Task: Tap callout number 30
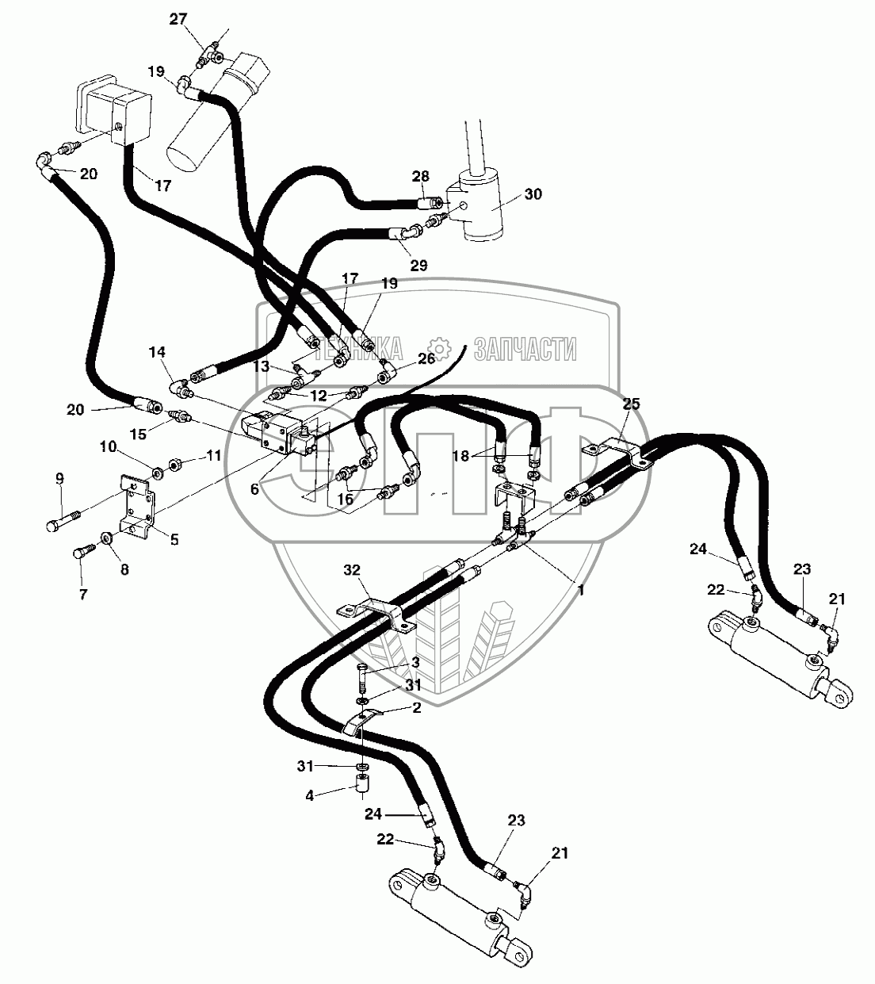pyautogui.click(x=533, y=193)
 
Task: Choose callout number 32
pyautogui.click(x=352, y=569)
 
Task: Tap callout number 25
pyautogui.click(x=631, y=404)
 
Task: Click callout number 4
pyautogui.click(x=311, y=794)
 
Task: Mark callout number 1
pyautogui.click(x=581, y=590)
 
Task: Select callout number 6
pyautogui.click(x=254, y=490)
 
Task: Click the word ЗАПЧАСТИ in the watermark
pyautogui.click(x=525, y=348)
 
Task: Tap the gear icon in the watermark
pyautogui.click(x=437, y=347)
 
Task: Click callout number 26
pyautogui.click(x=426, y=358)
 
